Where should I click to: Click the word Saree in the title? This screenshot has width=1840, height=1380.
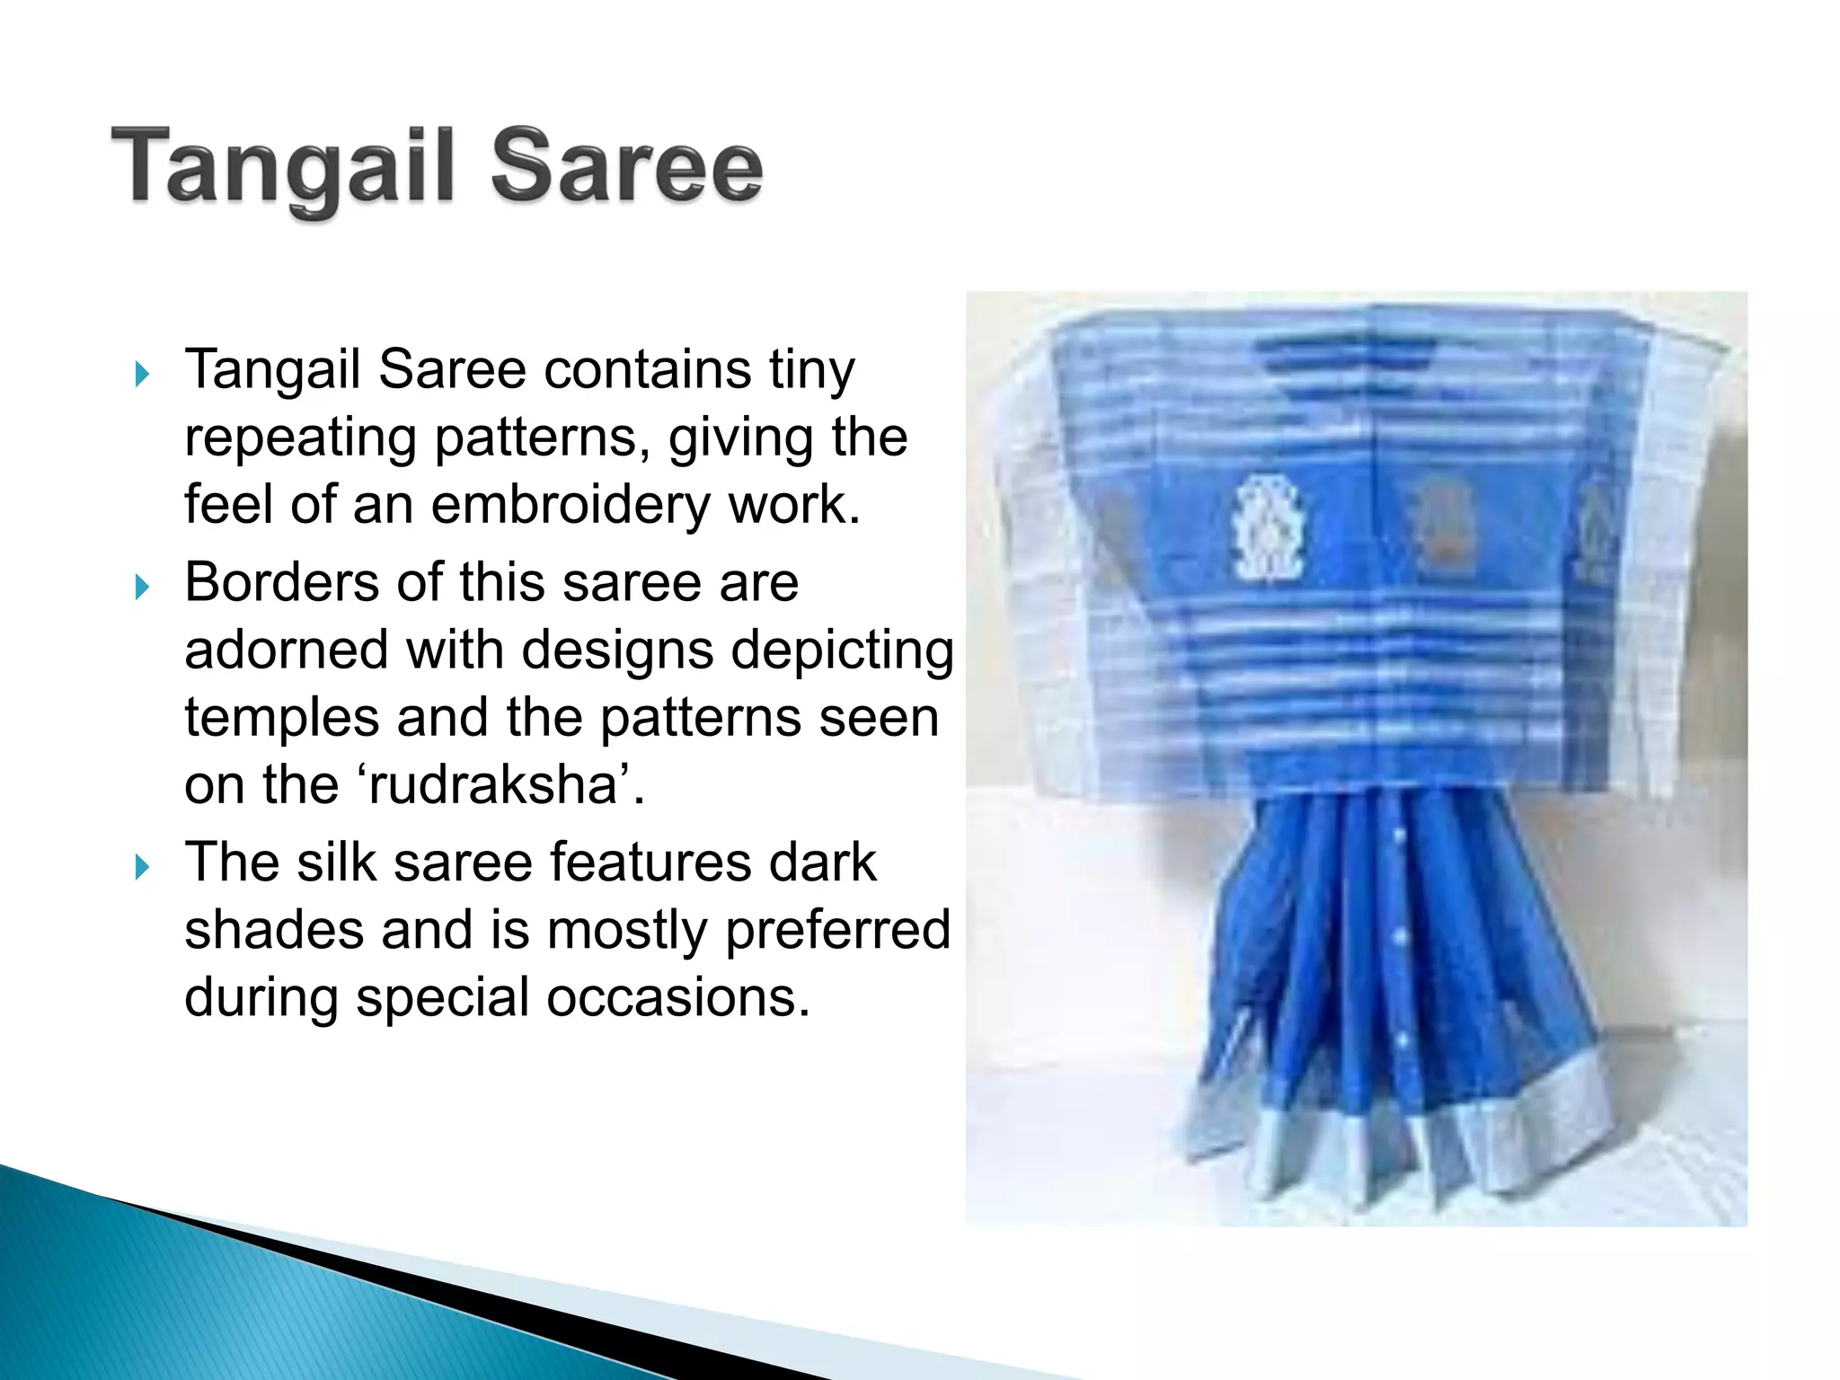[x=627, y=167]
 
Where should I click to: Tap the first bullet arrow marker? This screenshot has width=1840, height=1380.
[x=142, y=374]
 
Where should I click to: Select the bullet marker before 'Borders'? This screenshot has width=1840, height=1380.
[x=142, y=588]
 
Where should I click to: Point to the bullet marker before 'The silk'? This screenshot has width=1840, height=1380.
[x=142, y=867]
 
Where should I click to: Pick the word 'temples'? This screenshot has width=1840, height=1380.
[x=282, y=718]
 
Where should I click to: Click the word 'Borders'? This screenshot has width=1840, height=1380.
[x=282, y=582]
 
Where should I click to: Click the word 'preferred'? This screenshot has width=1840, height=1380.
[x=837, y=930]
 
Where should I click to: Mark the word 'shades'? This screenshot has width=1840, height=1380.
[x=274, y=930]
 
